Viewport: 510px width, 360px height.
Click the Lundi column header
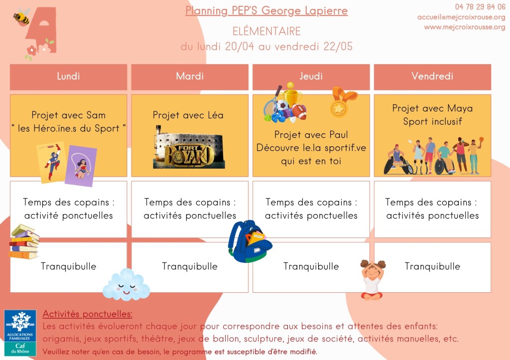tap(68, 77)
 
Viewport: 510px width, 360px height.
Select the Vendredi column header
tap(432, 77)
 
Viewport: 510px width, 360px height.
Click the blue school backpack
tap(250, 241)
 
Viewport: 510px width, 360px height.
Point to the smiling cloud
tap(126, 284)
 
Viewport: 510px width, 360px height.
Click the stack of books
tap(24, 241)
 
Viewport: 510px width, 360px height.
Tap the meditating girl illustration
tap(373, 279)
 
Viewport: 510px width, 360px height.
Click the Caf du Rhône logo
tap(20, 333)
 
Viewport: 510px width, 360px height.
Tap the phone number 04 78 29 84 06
tap(480, 7)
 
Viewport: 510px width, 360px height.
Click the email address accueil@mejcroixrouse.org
tap(461, 17)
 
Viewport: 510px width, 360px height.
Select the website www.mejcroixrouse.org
tap(465, 27)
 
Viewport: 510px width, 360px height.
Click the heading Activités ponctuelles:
tap(87, 314)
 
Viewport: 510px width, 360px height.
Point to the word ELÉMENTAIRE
tap(266, 31)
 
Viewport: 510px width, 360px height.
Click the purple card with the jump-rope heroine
tap(81, 166)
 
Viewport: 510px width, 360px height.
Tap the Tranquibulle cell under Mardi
tap(190, 267)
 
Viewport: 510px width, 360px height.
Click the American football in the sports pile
tap(299, 112)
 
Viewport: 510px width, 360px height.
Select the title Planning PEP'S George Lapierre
tap(266, 11)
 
